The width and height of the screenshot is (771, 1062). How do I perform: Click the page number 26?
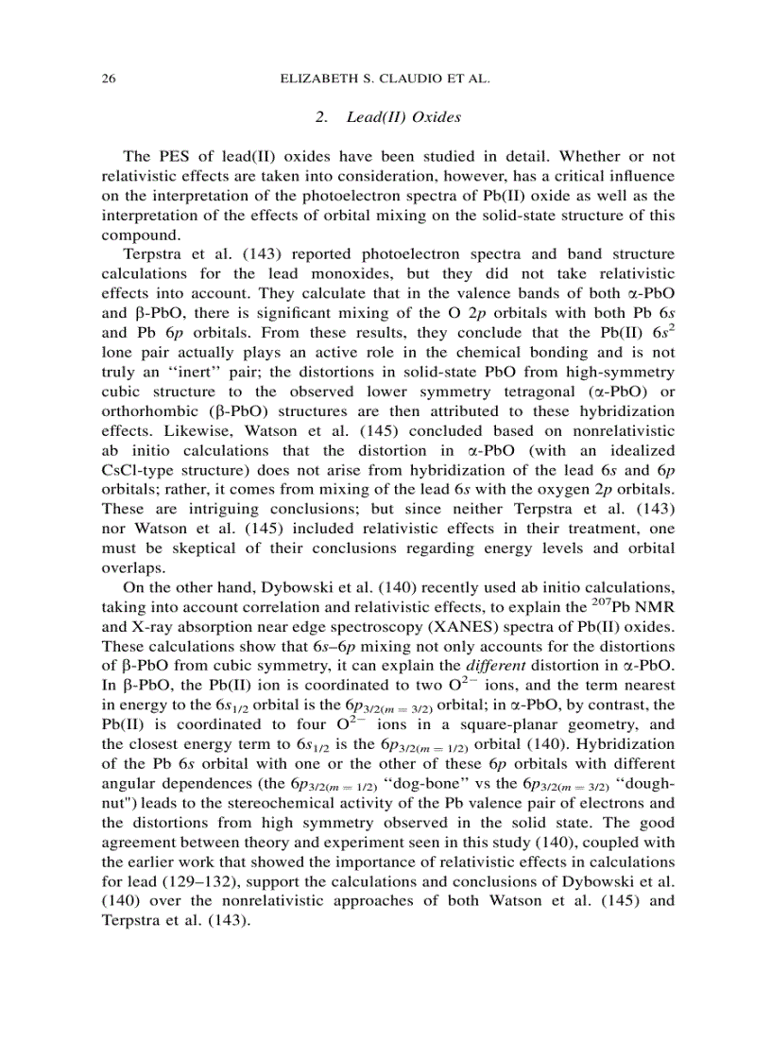coord(108,79)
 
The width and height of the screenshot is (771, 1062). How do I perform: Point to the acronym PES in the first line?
coord(167,156)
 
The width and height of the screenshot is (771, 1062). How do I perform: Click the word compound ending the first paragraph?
coord(135,235)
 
